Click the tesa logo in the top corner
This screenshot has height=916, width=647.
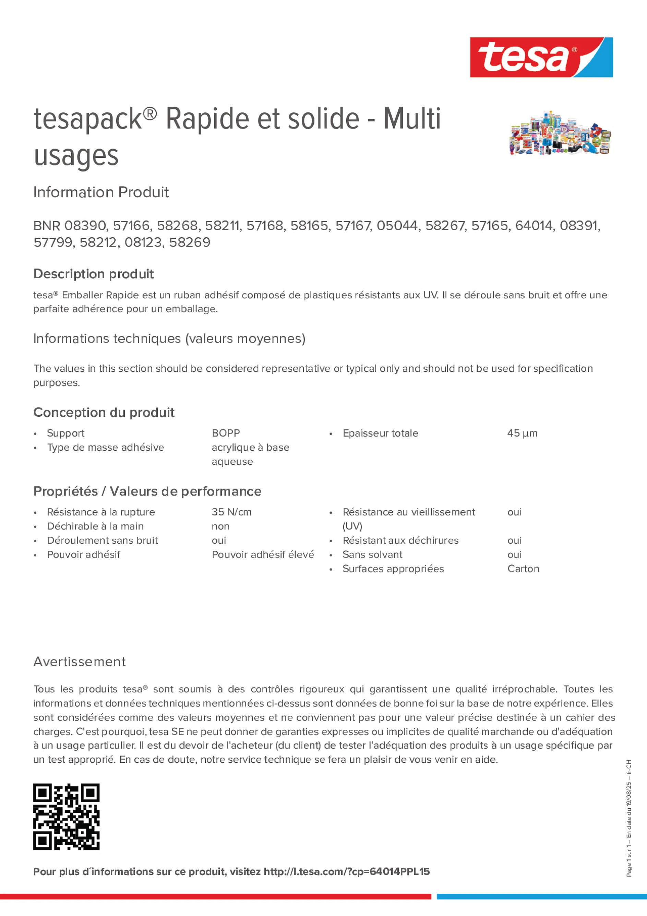coord(541,58)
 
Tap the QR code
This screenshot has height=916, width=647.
coord(66,816)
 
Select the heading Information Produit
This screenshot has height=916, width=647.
coord(101,192)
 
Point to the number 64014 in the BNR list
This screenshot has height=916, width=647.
coord(535,226)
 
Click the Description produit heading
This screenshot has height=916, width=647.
coord(93,274)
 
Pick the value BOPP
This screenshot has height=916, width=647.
coord(226,433)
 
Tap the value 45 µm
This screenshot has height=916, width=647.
coord(522,433)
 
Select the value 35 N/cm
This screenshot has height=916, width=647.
coord(231,512)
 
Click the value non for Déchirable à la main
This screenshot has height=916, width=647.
coord(220,526)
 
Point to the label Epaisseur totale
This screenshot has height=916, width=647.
coord(380,433)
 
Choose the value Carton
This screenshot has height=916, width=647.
coord(523,569)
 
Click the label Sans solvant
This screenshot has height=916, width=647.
coord(372,555)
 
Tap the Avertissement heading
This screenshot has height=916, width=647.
coord(80,662)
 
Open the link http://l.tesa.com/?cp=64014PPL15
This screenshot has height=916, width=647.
coord(346,872)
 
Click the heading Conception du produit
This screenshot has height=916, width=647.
coord(104,413)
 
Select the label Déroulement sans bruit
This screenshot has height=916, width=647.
coord(102,540)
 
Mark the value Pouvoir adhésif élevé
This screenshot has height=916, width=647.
coord(263,555)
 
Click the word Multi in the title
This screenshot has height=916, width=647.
coord(412,119)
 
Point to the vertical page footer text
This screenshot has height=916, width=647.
coord(628,818)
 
